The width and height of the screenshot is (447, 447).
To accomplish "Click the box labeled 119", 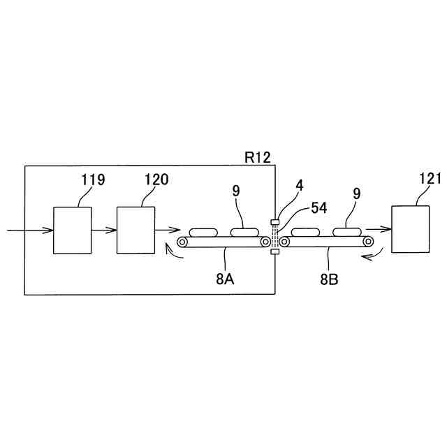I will [72, 230].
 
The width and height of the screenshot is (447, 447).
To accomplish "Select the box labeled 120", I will [135, 230].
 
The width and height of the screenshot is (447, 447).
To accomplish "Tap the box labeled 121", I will [411, 229].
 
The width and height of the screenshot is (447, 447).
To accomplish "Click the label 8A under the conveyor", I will [225, 279].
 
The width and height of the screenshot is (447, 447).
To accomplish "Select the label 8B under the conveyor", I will [330, 279].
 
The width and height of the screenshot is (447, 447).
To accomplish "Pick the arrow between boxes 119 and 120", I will [103, 230].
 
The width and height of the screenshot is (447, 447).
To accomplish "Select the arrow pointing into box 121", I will [377, 229].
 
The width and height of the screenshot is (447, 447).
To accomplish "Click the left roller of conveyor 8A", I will [182, 242].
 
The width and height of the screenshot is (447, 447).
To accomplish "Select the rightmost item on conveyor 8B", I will [347, 233].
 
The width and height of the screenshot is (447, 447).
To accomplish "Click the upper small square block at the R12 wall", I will [274, 223].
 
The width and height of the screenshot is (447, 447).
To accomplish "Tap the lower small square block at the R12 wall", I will [274, 252].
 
